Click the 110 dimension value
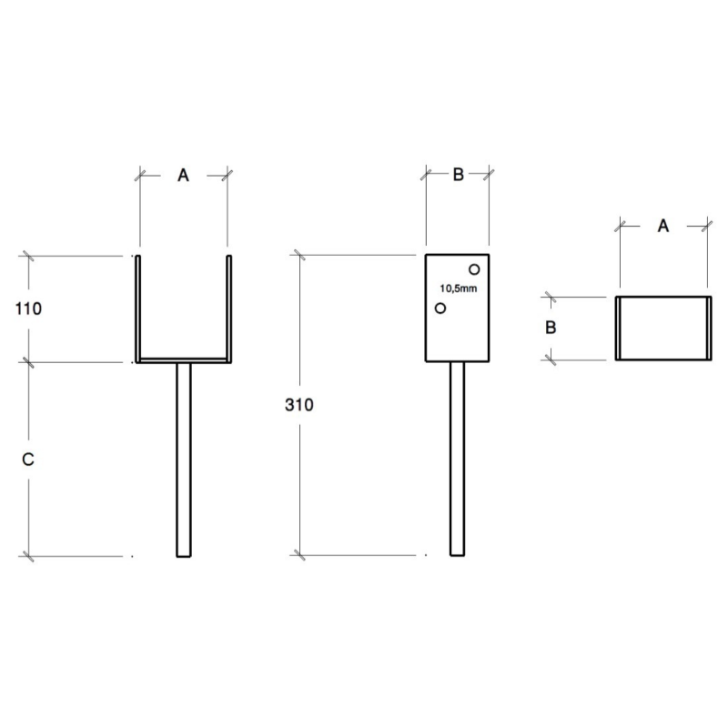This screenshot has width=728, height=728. pos(28,308)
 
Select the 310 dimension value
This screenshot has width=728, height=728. pos(299,405)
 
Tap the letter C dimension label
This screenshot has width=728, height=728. pos(28,460)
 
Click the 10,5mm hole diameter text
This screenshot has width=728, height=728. pos(459,288)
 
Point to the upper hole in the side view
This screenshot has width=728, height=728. pos(474,269)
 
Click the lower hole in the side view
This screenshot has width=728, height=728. pos(440,308)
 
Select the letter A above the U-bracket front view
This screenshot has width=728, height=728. pos(184,175)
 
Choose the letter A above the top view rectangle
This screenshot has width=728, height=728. pos(663,226)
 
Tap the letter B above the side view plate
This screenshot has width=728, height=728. pos(459,175)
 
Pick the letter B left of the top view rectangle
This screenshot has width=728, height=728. pos(551,328)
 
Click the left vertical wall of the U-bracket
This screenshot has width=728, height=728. pos(138,308)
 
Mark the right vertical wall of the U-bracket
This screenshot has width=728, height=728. pos(229,308)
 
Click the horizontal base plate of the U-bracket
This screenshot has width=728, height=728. pos(184,360)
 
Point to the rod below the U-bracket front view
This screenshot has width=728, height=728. pos(184,460)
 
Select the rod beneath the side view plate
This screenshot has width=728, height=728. pos(458,459)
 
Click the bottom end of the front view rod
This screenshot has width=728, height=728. pos(184,556)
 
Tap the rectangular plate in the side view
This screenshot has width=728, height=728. pos(458,308)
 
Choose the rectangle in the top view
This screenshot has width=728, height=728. pos(663,329)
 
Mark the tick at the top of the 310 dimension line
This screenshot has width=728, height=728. pos(300,255)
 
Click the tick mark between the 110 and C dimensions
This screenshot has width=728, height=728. pos(29,362)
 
